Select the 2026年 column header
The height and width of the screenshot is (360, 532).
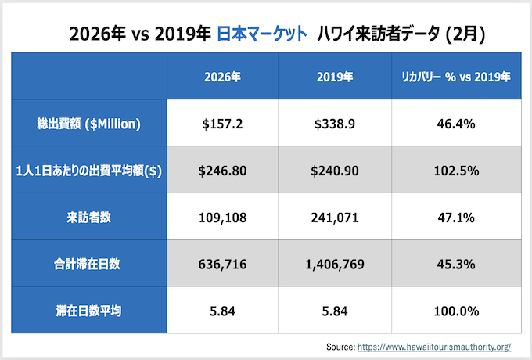pos(222,77)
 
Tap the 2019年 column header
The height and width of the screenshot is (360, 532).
pos(335,77)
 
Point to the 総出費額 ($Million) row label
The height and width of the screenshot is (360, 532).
pos(88,124)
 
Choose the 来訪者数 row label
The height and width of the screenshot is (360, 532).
pos(88,218)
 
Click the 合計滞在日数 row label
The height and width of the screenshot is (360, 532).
pos(88,265)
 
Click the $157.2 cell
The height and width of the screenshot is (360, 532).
pos(222,124)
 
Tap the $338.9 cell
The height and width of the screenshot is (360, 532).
pos(335,124)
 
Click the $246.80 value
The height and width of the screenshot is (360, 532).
pos(222,171)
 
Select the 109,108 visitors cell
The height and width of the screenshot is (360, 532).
pos(222,218)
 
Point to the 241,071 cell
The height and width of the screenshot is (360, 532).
pos(335,218)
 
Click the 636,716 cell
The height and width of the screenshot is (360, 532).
pos(222,265)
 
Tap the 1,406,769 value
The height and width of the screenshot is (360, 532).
pos(335,265)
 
